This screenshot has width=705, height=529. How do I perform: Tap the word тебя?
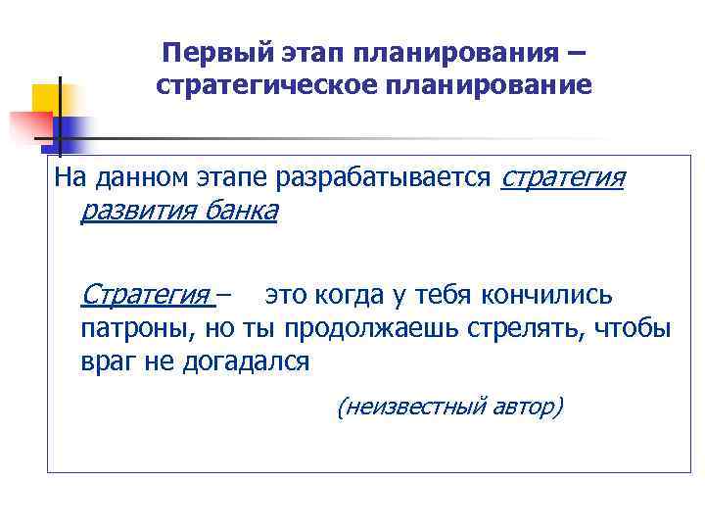[446, 293]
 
